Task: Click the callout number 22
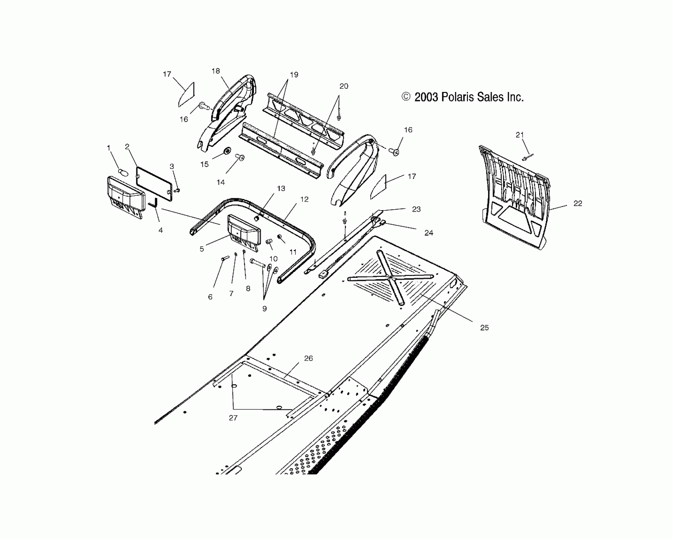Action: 578,204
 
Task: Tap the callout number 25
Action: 484,328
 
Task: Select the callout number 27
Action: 233,418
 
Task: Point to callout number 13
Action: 281,189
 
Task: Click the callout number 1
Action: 109,148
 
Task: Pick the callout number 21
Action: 520,135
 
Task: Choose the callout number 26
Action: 308,358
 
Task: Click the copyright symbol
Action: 406,97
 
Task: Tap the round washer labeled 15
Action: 227,151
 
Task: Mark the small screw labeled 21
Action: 527,157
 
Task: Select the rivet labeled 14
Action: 240,157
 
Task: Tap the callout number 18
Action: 216,71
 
